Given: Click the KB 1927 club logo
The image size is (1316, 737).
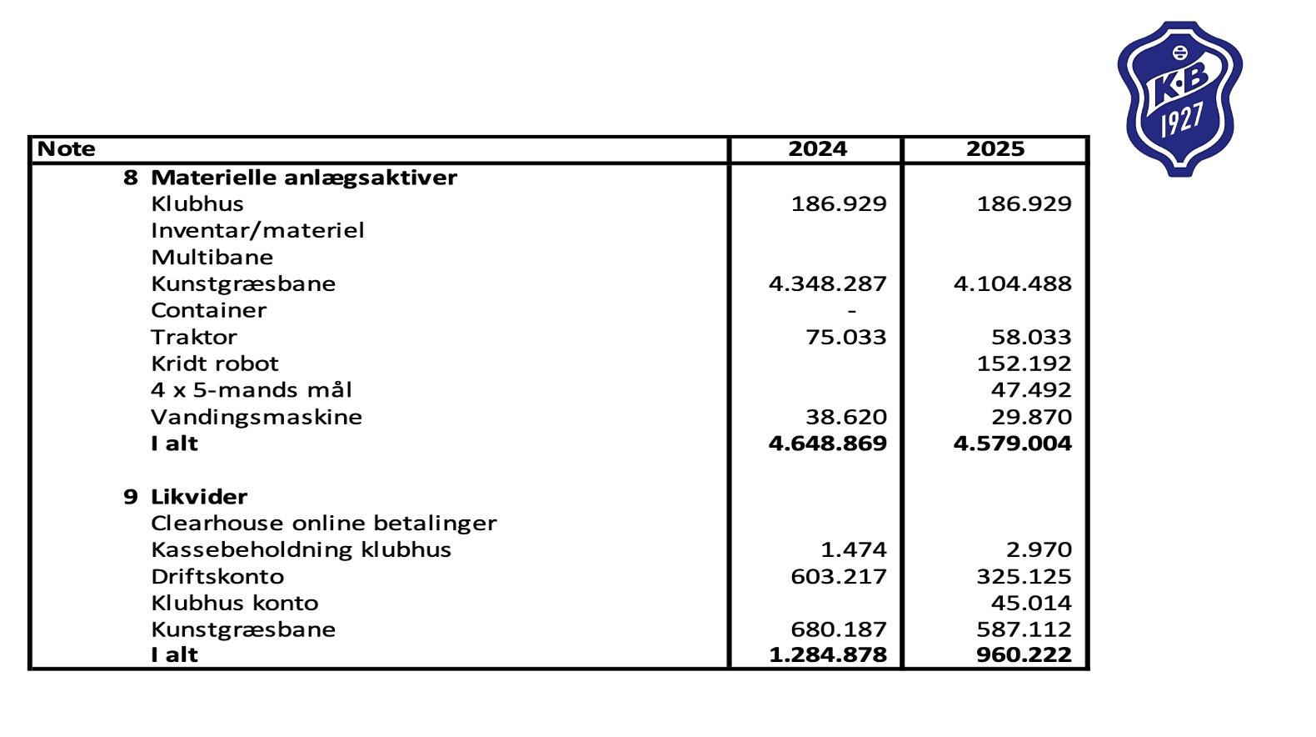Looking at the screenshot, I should pos(1179,98).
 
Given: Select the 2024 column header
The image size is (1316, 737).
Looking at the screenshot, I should pos(817,149).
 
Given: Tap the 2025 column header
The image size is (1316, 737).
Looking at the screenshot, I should pos(994,149).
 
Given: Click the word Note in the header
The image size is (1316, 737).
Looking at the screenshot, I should pos(67,149).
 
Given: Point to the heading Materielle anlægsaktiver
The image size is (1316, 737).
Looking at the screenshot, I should pos(304,178).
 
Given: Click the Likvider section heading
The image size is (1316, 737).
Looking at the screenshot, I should pos(199,497).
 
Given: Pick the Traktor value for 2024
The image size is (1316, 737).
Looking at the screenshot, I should pos(845,338).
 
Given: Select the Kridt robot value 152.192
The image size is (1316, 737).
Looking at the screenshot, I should pos(1024,364).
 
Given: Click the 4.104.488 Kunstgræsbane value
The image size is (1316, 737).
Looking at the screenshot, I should pos(1012,284).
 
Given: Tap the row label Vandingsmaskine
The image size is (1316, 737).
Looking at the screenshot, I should pos(257,417).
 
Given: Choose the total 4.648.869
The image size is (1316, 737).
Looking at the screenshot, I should pos(827,444).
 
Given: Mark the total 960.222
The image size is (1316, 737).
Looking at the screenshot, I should pos(1024,655).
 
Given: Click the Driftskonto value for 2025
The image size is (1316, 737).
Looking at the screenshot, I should pos(1024,577).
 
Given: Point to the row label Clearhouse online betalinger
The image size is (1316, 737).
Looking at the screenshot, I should pos(323,524).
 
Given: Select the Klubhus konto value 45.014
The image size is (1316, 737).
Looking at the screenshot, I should pos(1031,604).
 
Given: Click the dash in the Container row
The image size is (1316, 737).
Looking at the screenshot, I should pos(851,311).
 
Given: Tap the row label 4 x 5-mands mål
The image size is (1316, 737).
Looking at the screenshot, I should pos(252,390).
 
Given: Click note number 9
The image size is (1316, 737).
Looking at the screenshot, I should pos(131,497).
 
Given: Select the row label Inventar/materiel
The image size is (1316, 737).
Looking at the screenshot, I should pos(257,231).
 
